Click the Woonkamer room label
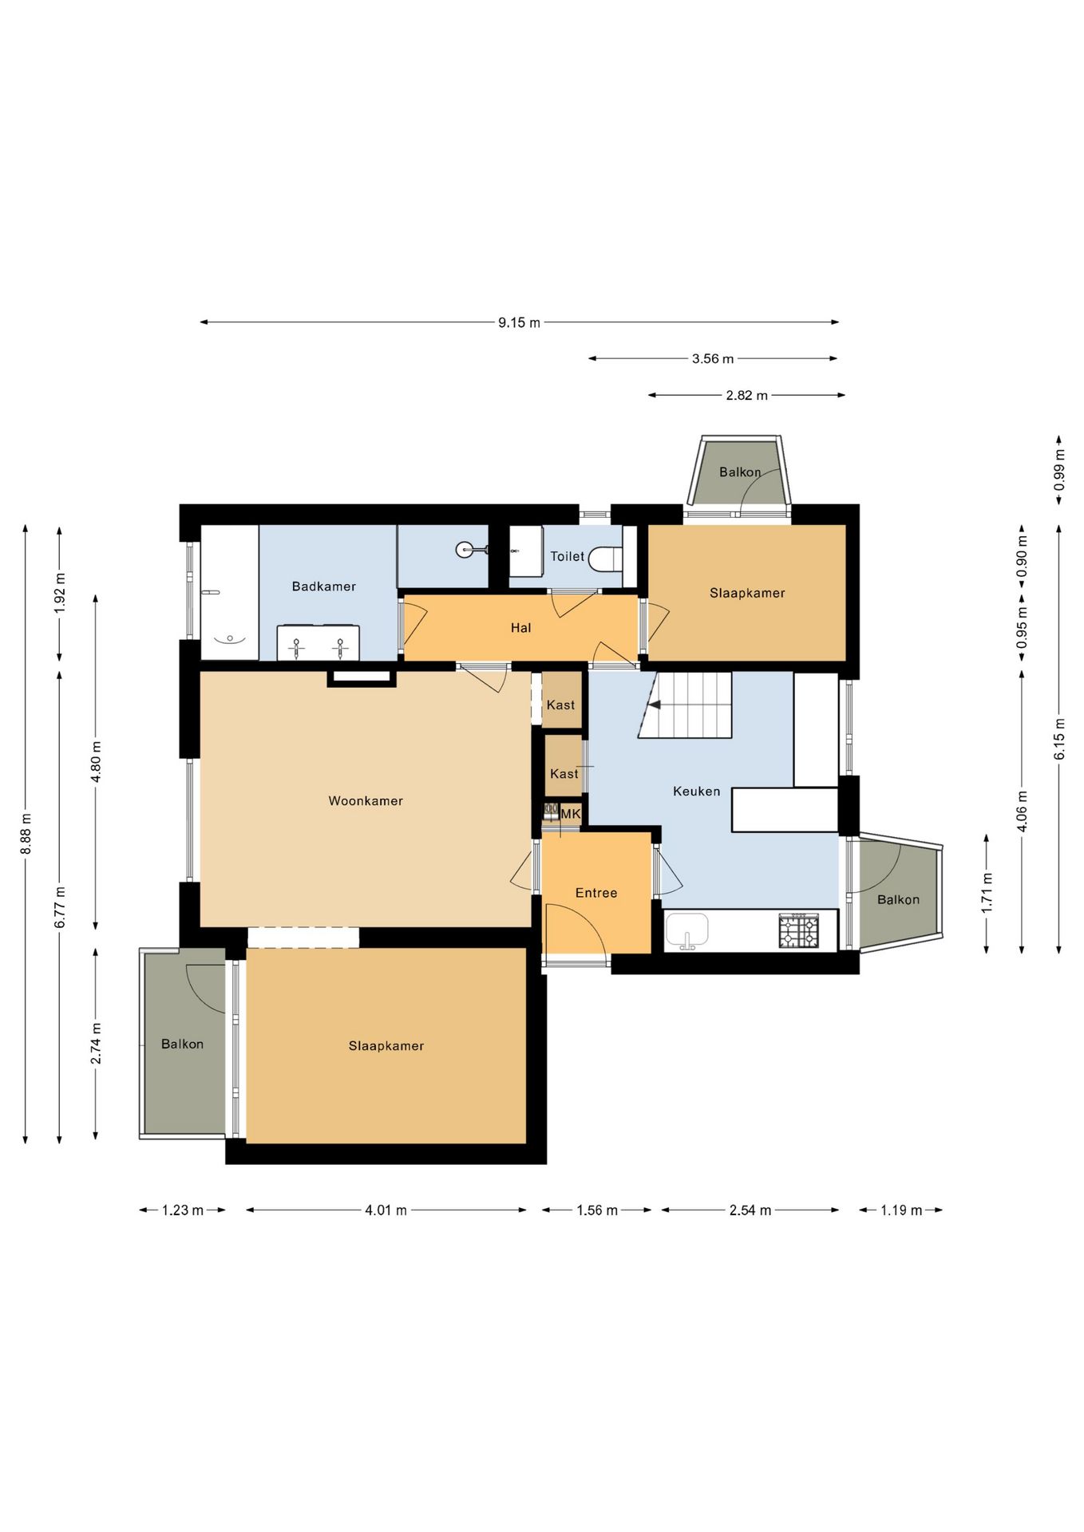point(366,801)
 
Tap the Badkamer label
point(323,586)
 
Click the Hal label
point(521,628)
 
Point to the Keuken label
point(697,792)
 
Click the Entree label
point(596,893)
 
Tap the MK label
point(571,814)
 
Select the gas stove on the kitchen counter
point(799,930)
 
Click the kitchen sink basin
point(687,930)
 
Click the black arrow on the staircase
point(655,705)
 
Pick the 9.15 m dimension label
point(519,323)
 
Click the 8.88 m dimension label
point(26,834)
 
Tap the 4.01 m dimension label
point(386,1210)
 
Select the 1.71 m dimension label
point(987,893)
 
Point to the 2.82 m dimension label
point(747,396)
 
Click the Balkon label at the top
point(740,472)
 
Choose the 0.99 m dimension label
point(1059,471)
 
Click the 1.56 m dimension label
point(597,1210)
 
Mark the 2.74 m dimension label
point(96,1043)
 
